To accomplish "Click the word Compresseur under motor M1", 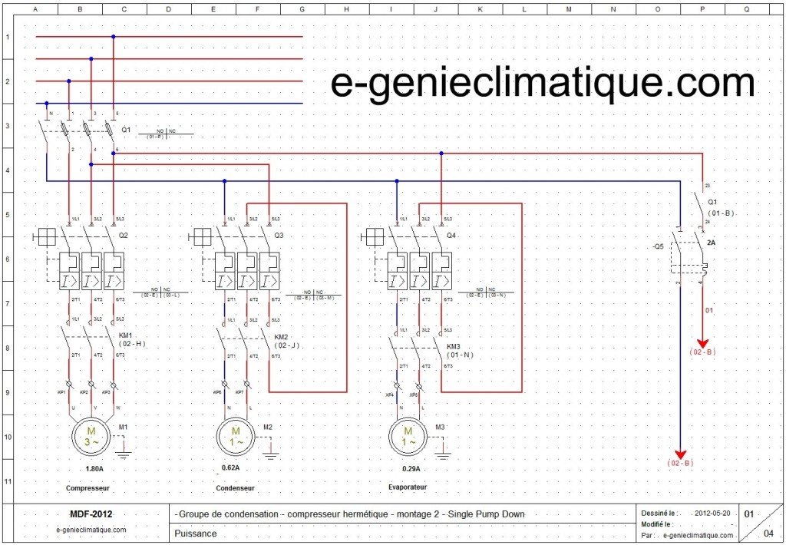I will (x=88, y=488).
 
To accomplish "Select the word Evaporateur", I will (x=408, y=487).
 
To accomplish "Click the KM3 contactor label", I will (x=455, y=347).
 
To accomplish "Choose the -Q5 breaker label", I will (x=658, y=247).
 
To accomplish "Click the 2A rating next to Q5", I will (x=712, y=243).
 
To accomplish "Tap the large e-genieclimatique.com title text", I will (x=542, y=83).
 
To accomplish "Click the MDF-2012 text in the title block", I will (x=91, y=514).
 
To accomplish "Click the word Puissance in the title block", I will (x=196, y=533).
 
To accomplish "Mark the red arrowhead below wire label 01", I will (x=702, y=344).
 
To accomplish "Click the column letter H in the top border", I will (x=347, y=11).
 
